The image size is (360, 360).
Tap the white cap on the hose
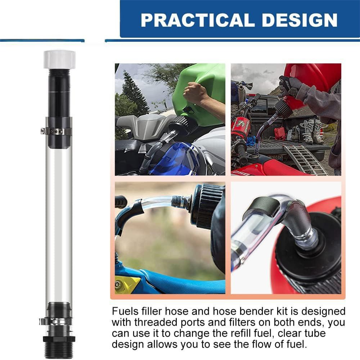point(59,59)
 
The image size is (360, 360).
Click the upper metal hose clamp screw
point(42,131)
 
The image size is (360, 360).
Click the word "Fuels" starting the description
point(125,311)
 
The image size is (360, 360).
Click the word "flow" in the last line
point(261,344)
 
